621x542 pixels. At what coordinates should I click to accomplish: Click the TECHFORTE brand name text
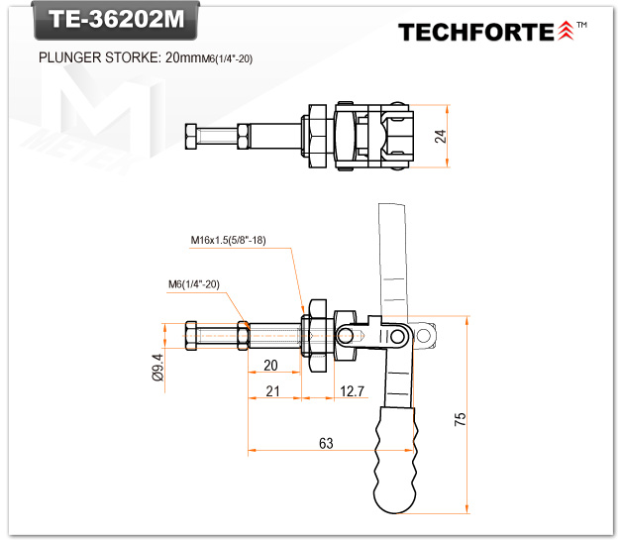click(x=476, y=32)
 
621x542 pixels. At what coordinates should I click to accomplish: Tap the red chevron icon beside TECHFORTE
click(x=566, y=31)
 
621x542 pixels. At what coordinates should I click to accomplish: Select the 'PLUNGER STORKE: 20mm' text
click(x=118, y=58)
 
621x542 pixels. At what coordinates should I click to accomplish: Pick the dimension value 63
click(x=326, y=443)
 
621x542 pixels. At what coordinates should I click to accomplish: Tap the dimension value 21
click(x=273, y=391)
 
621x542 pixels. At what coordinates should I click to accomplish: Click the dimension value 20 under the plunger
click(x=270, y=365)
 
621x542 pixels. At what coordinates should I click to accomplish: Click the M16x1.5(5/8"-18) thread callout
click(x=230, y=240)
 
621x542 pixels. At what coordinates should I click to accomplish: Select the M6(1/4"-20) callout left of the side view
click(x=193, y=284)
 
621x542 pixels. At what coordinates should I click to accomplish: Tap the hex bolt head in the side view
click(x=192, y=336)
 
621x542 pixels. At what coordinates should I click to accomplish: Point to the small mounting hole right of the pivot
click(x=424, y=337)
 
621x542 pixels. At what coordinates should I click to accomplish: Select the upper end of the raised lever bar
click(x=392, y=213)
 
